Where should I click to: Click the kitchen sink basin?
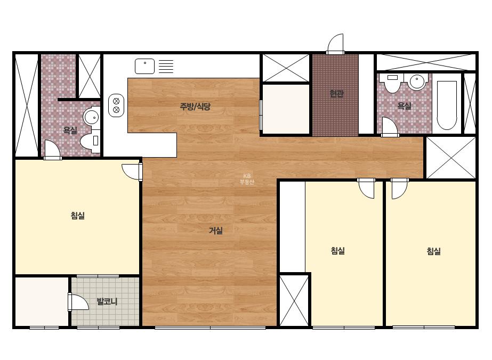point(144,66)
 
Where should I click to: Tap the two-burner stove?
point(116,105)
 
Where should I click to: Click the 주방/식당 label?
point(195,107)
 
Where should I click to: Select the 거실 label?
point(216,231)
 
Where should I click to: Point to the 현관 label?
point(336,93)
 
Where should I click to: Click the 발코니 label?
point(107,301)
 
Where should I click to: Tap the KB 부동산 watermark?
point(247,179)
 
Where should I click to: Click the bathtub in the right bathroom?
point(447,105)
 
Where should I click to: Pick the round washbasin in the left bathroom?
point(91,118)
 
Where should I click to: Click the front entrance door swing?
point(335,44)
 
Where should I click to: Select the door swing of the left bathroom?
point(52,149)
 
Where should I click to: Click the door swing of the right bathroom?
point(390,126)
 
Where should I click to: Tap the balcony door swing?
point(78,302)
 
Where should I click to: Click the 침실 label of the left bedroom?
point(77,216)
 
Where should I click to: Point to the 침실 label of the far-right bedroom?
point(434,251)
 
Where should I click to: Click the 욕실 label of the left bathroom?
point(70,130)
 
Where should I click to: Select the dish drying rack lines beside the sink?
point(166,67)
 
